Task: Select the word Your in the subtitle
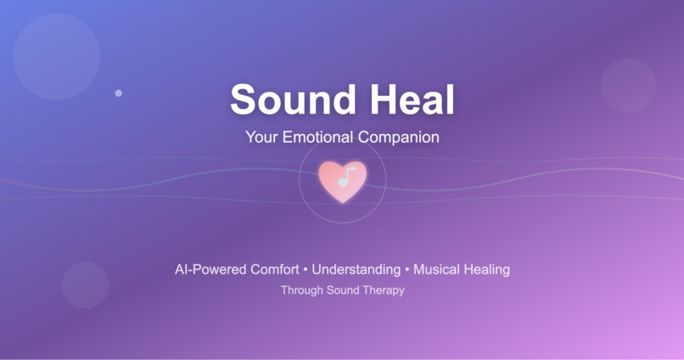(x=260, y=137)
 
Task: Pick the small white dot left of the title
(x=118, y=93)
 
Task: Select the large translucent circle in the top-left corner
(x=57, y=57)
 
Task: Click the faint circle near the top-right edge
(x=629, y=85)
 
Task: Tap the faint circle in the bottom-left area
(x=85, y=285)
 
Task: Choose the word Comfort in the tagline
(x=275, y=270)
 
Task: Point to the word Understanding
(x=356, y=270)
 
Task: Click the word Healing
(x=487, y=270)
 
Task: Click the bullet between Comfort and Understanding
(x=306, y=270)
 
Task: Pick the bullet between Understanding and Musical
(x=406, y=270)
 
